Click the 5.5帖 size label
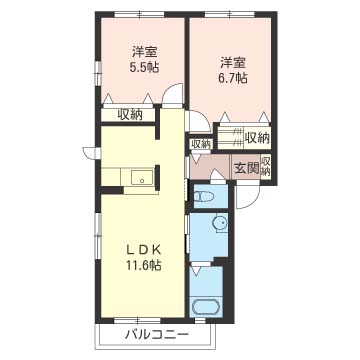[144, 68]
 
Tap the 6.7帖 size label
[233, 79]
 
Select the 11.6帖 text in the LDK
[144, 265]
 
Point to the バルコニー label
[157, 334]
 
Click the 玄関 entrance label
[247, 169]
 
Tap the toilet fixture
[204, 196]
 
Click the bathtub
[204, 307]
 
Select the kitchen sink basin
[142, 177]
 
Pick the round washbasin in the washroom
[220, 222]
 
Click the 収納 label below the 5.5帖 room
[130, 115]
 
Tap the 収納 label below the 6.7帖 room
[257, 137]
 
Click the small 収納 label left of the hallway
[201, 144]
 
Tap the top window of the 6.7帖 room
[230, 14]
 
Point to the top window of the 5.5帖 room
[139, 14]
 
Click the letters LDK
[144, 249]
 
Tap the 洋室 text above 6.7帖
[233, 63]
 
